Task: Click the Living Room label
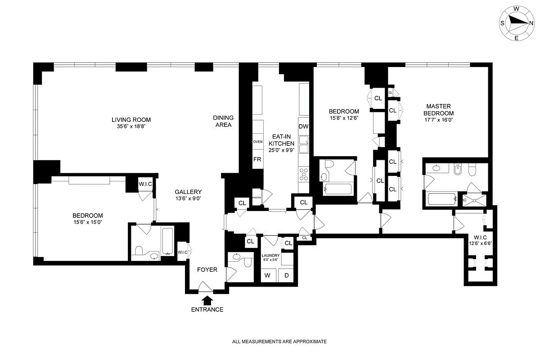(131, 120)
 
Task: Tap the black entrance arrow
(207, 299)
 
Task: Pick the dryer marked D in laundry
(286, 275)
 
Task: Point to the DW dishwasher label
(303, 126)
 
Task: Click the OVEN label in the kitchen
(257, 142)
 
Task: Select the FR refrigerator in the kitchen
(257, 160)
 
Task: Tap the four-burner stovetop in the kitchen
(304, 174)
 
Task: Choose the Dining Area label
(223, 121)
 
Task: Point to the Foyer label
(207, 270)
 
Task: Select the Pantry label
(256, 198)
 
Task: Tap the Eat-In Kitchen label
(281, 143)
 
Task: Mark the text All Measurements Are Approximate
(279, 342)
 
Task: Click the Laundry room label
(270, 257)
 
